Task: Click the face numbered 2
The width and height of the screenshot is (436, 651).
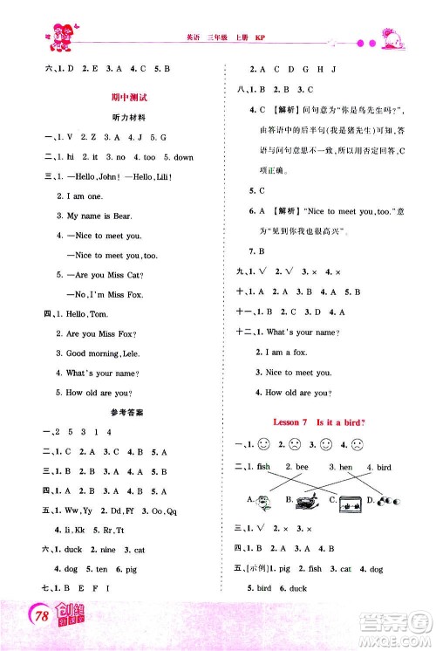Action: tap(296, 445)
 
